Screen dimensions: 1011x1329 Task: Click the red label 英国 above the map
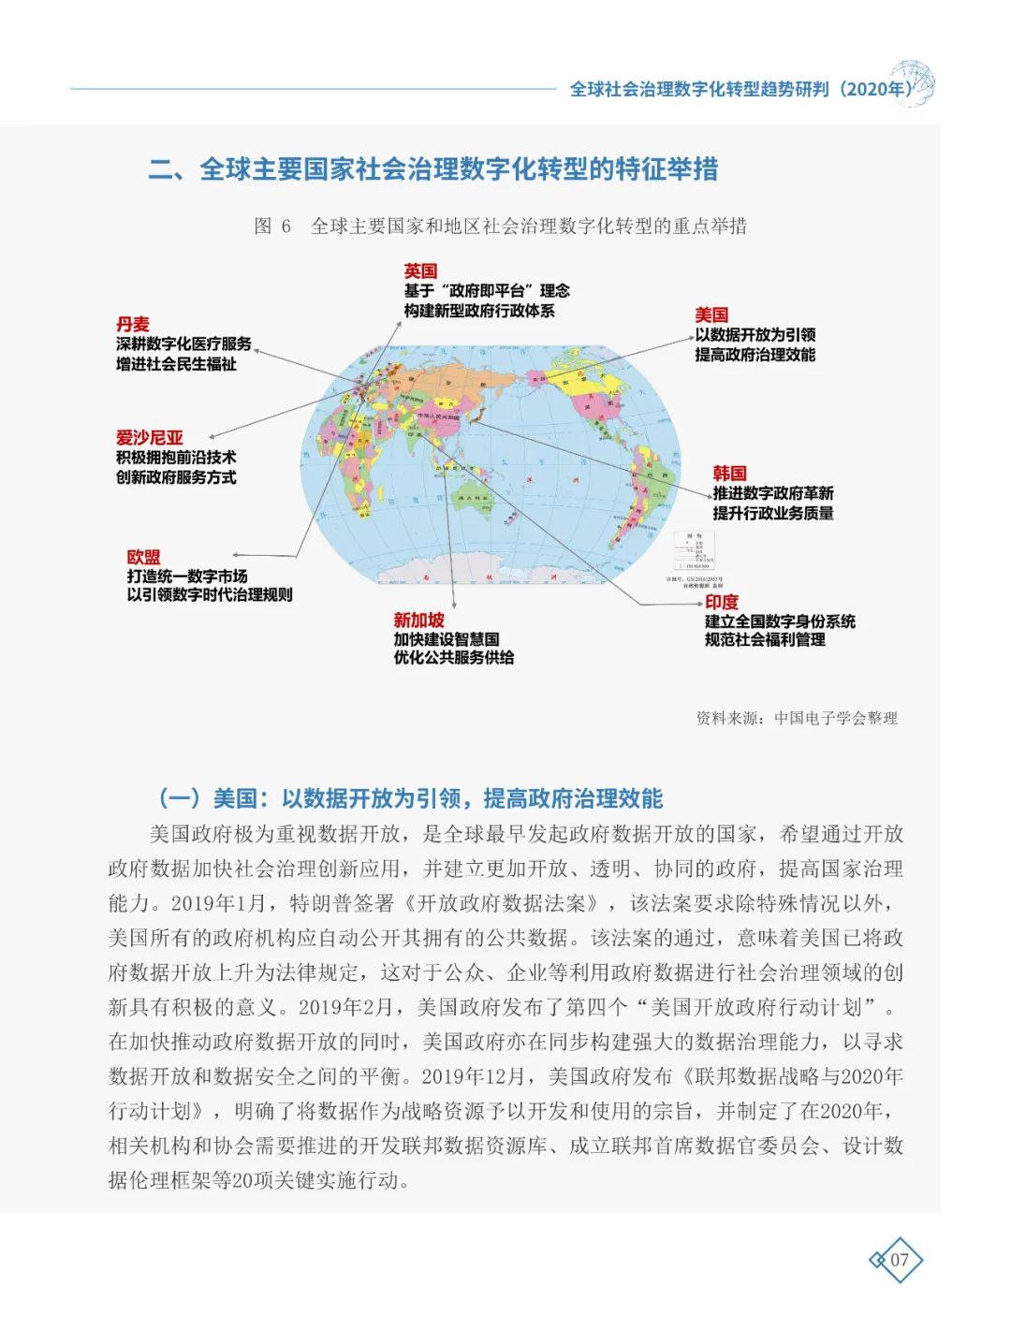(420, 270)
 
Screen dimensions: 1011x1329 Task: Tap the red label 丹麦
(133, 324)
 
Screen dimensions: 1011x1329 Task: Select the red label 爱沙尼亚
(150, 437)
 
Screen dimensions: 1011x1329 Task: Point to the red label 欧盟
(144, 557)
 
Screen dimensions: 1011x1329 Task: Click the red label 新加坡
(418, 620)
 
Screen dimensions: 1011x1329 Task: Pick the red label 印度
(722, 602)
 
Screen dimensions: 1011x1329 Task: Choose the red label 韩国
(729, 474)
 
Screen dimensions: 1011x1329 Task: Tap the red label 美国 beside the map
(711, 315)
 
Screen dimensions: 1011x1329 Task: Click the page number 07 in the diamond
(899, 1260)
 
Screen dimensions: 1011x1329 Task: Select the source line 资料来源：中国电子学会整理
(797, 718)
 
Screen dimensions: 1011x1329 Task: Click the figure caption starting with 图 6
(501, 226)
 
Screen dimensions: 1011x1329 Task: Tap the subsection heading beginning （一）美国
(410, 798)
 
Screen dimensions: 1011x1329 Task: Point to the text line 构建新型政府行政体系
(479, 311)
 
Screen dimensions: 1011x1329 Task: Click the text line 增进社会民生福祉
(176, 364)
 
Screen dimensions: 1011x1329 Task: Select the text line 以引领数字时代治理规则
(210, 595)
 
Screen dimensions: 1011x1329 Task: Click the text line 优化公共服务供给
(454, 658)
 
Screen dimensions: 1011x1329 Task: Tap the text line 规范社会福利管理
(765, 640)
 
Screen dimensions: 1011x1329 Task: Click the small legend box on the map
(694, 551)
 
